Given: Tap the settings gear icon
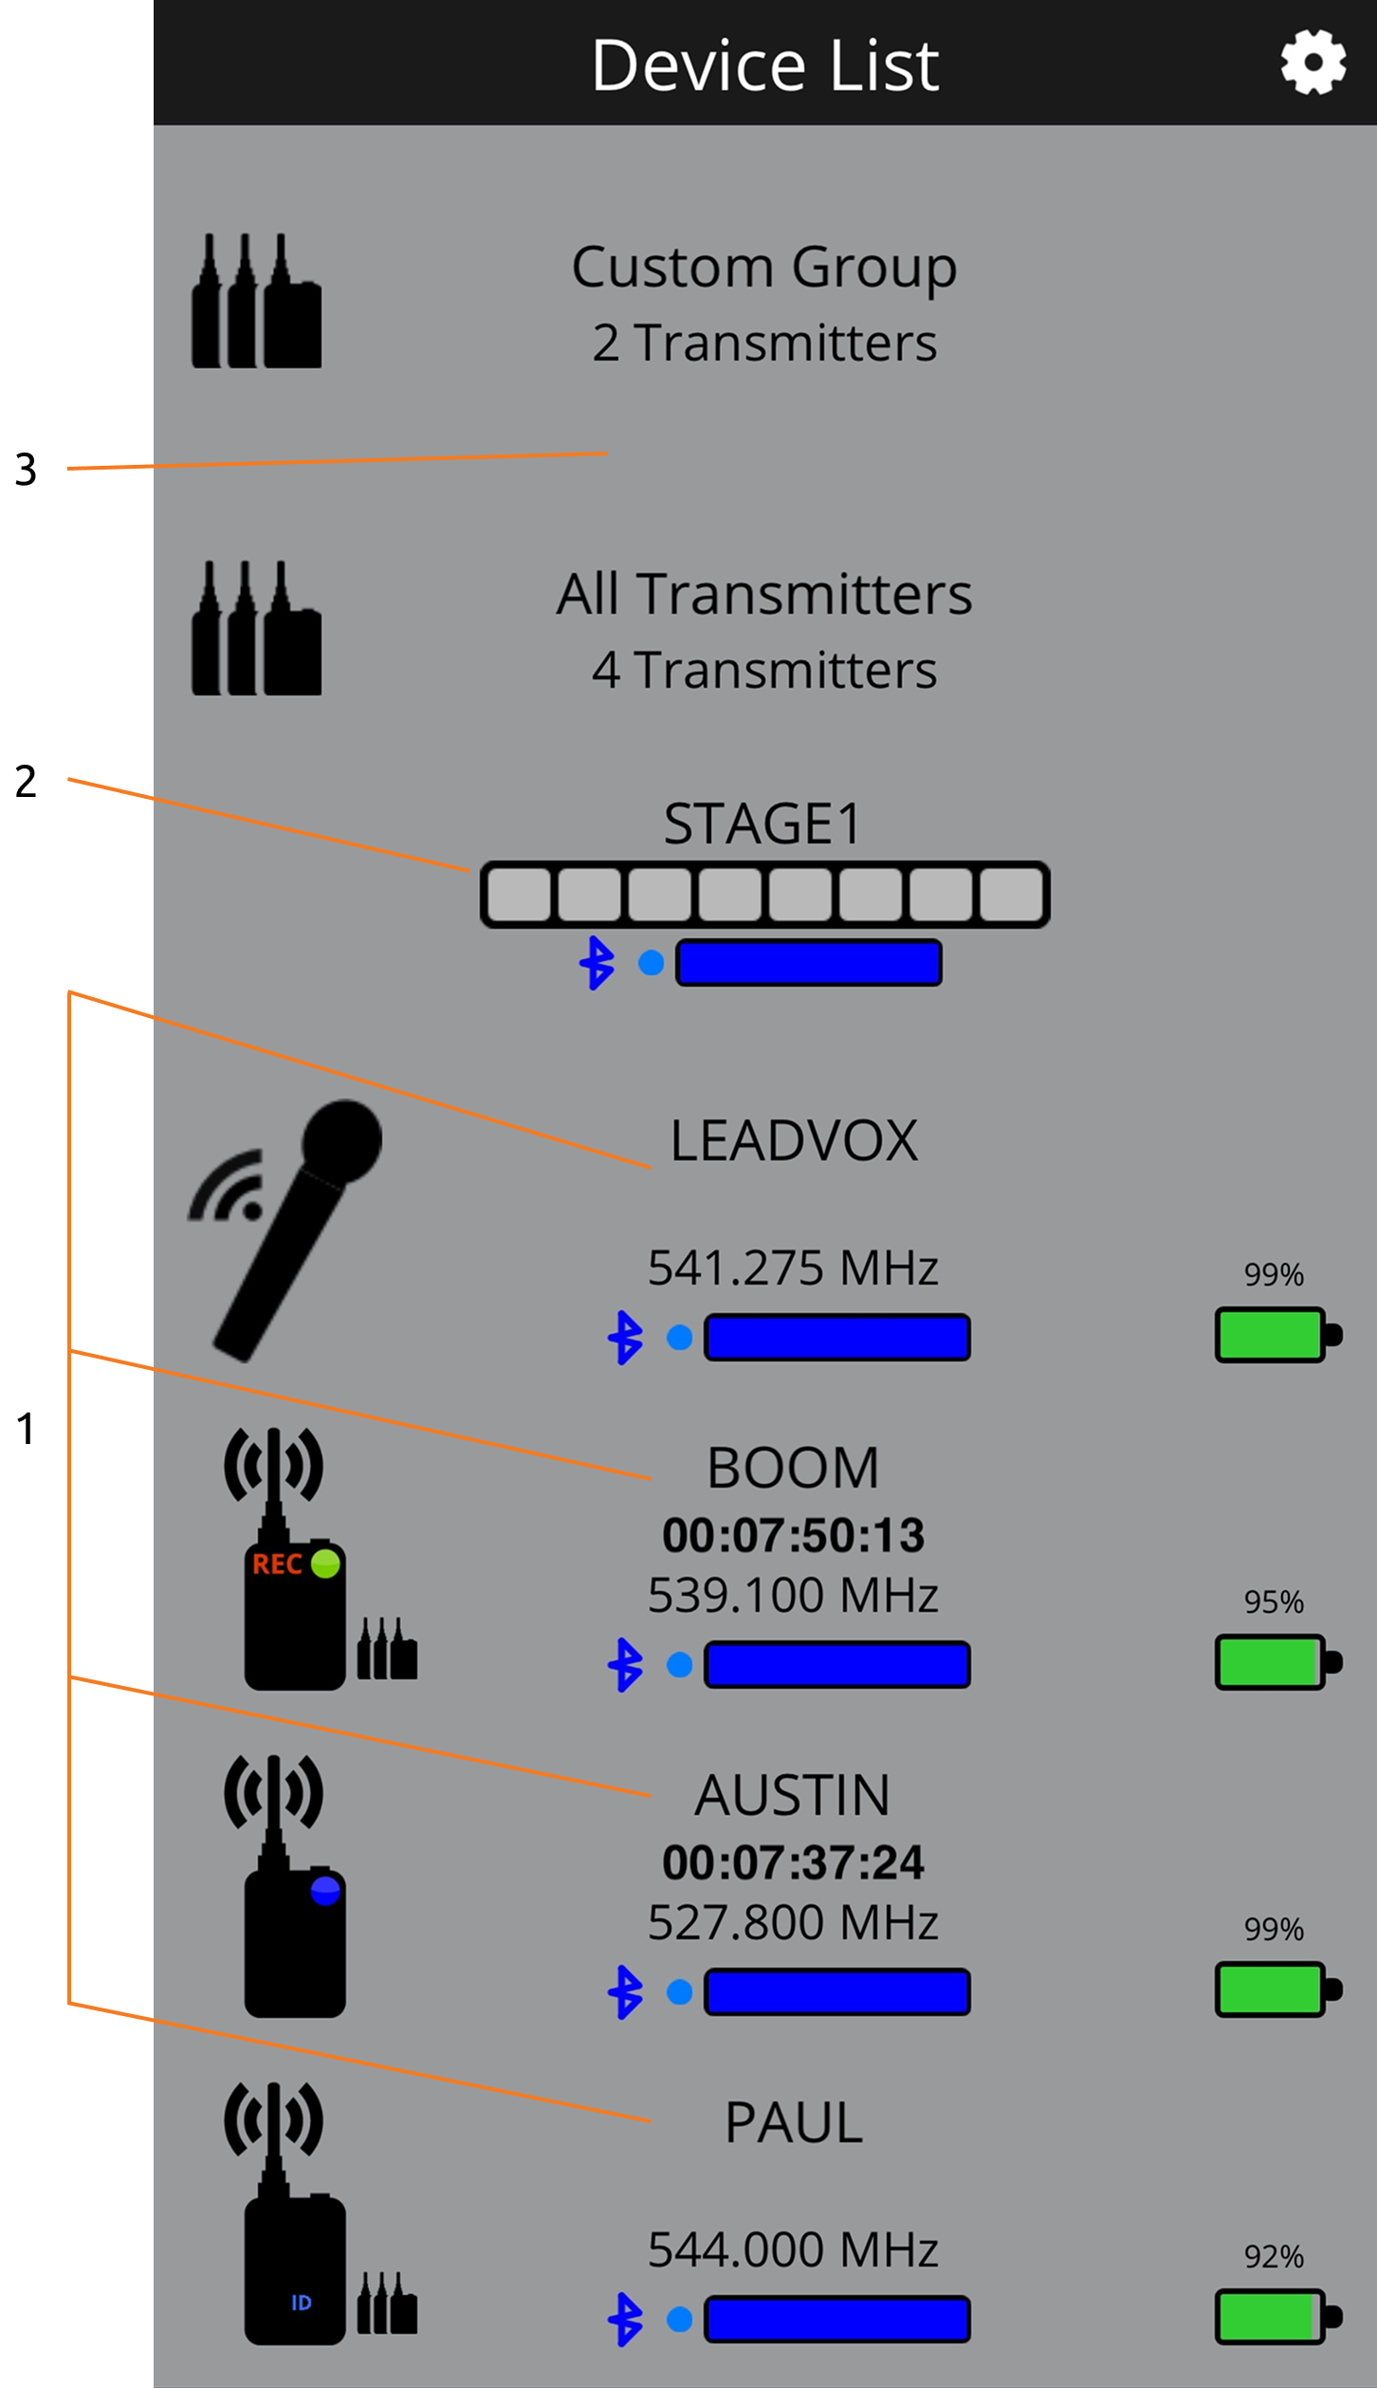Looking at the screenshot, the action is (x=1313, y=62).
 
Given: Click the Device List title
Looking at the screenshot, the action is (x=765, y=65).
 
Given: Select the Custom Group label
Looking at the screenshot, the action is (x=764, y=268).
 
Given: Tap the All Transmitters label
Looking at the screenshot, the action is (x=764, y=594).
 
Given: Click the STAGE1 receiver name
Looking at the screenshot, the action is (x=763, y=823).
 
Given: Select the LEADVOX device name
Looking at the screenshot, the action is (x=794, y=1140).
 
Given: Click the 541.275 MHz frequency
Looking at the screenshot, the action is (x=793, y=1268).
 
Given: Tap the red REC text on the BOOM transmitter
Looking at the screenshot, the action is (x=277, y=1564).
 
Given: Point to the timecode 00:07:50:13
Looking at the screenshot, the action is (x=793, y=1535).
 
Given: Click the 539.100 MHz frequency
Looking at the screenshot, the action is (x=793, y=1595).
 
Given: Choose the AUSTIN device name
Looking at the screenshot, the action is (x=793, y=1795).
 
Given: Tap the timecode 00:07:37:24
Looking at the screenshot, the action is (x=793, y=1862).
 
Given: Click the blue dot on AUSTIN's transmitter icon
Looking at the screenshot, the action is (x=325, y=1890).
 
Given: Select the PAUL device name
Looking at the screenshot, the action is (x=794, y=2122).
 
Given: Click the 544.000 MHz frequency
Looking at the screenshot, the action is (x=793, y=2249).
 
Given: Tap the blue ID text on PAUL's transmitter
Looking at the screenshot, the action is (x=302, y=2303).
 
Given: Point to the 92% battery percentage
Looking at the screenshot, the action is (x=1274, y=2256).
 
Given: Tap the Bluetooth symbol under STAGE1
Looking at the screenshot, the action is (x=597, y=963).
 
